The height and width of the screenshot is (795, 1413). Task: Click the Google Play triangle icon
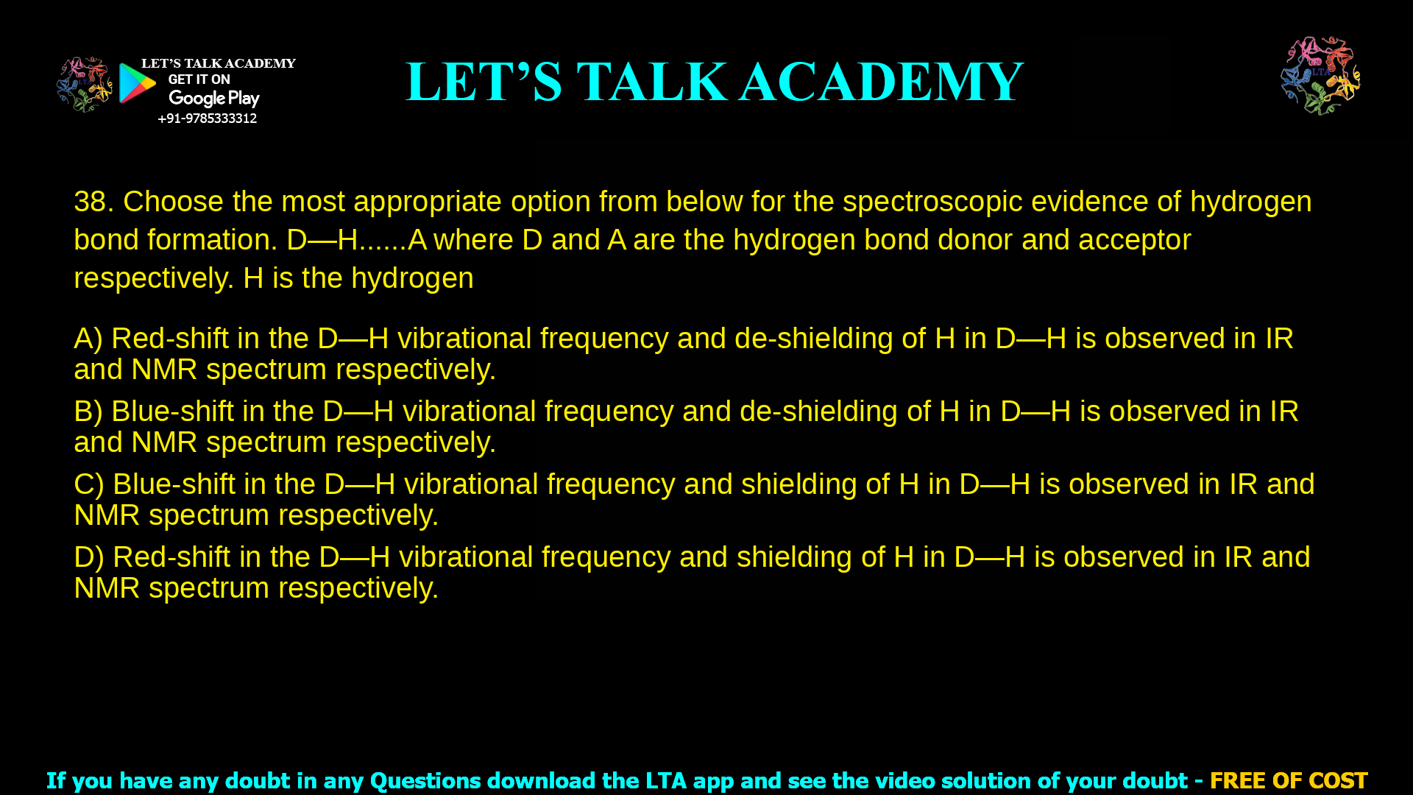click(137, 83)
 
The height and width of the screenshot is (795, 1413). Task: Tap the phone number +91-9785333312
click(207, 119)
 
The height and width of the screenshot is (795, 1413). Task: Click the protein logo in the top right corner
click(1320, 76)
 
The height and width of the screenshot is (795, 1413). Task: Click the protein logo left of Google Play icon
click(84, 85)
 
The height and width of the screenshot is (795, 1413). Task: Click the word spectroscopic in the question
click(932, 202)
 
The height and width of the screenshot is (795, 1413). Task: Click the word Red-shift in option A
click(170, 339)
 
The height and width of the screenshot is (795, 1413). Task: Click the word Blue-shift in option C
click(174, 484)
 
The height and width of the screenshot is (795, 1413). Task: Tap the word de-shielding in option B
click(818, 411)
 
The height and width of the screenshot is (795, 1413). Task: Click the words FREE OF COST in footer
click(1288, 780)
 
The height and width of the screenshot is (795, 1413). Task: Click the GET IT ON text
click(199, 79)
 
